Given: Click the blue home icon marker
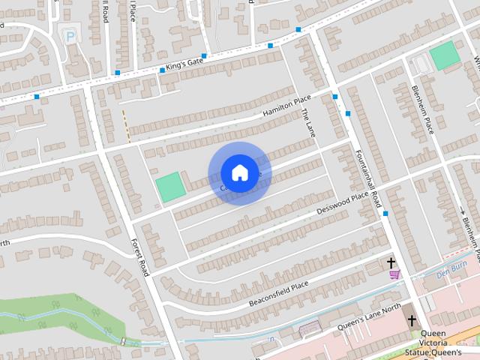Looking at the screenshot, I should click(x=239, y=173).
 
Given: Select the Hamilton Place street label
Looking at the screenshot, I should click(x=286, y=107).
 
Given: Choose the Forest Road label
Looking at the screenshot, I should click(x=140, y=256).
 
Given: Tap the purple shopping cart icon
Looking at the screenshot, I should click(x=394, y=274).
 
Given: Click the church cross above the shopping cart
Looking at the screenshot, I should click(x=391, y=262).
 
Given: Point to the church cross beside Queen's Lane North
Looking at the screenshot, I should click(x=411, y=320).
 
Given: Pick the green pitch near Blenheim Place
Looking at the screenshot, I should click(x=445, y=55).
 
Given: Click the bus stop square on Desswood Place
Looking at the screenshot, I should click(x=385, y=214).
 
